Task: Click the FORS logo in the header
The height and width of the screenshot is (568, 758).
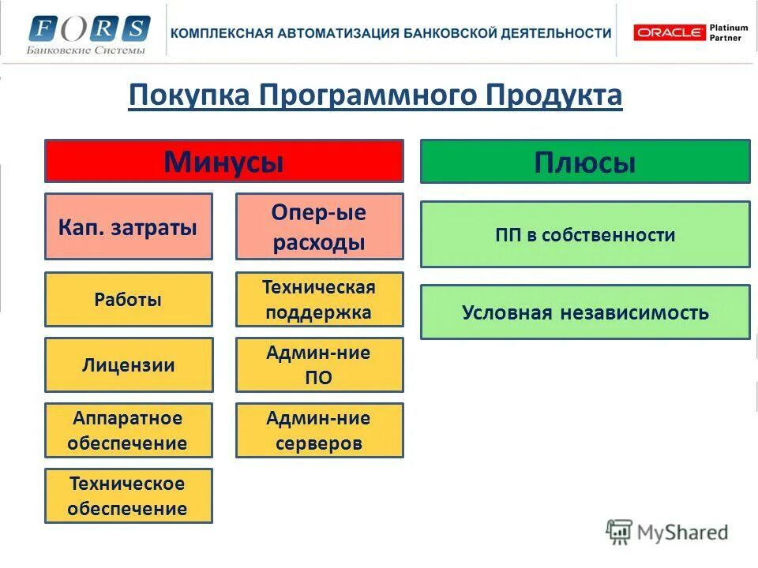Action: coord(88,28)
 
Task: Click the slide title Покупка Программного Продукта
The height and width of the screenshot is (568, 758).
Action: coord(375,96)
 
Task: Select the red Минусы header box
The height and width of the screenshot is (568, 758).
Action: coord(223,162)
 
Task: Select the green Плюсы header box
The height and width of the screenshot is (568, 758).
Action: coord(584,162)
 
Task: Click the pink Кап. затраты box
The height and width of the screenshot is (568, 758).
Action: coord(128,227)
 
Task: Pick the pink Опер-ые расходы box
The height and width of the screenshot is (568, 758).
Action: coord(319,227)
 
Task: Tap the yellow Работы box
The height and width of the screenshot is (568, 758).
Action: coord(128,300)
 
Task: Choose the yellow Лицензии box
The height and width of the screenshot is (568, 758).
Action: coord(128,365)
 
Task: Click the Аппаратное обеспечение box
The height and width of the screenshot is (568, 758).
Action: coord(128,431)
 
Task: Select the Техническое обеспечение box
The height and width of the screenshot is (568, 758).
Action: coord(128,496)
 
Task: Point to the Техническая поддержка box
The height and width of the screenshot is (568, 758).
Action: coord(319,300)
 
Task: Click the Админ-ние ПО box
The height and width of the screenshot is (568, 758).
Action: coord(319,365)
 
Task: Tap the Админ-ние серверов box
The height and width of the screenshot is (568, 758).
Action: coord(319,431)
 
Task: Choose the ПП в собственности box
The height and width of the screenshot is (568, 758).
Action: coord(584,234)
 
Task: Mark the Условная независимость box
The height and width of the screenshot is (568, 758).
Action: coord(584,312)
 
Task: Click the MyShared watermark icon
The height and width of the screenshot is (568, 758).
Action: coord(619,532)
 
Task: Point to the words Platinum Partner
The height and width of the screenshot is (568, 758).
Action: coord(725,32)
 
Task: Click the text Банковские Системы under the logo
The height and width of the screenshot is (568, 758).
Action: coord(86,50)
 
